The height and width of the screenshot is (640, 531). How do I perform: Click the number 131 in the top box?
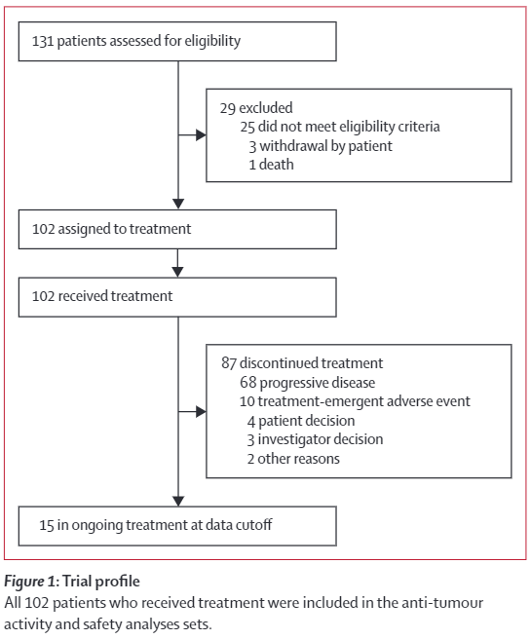click(x=43, y=41)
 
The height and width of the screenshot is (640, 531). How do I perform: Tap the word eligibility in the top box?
click(x=212, y=42)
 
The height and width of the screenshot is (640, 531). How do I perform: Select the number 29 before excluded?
click(x=228, y=108)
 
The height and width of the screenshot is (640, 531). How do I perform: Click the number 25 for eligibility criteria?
click(x=247, y=127)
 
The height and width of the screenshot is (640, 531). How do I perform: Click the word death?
click(x=277, y=165)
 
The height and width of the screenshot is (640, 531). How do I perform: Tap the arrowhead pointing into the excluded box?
click(x=201, y=135)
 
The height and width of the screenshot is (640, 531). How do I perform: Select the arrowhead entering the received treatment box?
click(x=177, y=272)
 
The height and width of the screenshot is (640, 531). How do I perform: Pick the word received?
click(x=83, y=296)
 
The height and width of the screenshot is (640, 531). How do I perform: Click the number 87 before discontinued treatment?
click(x=229, y=363)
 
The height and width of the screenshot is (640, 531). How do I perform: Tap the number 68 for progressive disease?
click(x=248, y=383)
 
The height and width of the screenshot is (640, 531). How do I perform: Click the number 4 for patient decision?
click(x=251, y=421)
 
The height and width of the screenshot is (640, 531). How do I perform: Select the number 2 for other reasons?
click(x=250, y=459)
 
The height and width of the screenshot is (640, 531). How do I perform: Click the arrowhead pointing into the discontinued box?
click(x=201, y=412)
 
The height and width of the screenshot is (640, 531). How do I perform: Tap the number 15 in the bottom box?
click(x=47, y=526)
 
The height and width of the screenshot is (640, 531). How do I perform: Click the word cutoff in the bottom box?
click(x=256, y=525)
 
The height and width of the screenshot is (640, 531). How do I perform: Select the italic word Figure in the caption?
click(x=23, y=583)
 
